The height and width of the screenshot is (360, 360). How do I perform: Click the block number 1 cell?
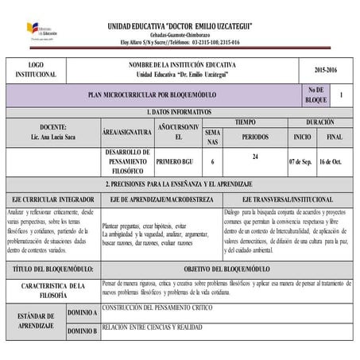[341, 95]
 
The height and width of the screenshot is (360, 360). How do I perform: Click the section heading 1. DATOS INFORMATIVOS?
[179, 111]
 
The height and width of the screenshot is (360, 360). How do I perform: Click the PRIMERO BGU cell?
[174, 160]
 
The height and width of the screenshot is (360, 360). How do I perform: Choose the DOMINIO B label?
[83, 330]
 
